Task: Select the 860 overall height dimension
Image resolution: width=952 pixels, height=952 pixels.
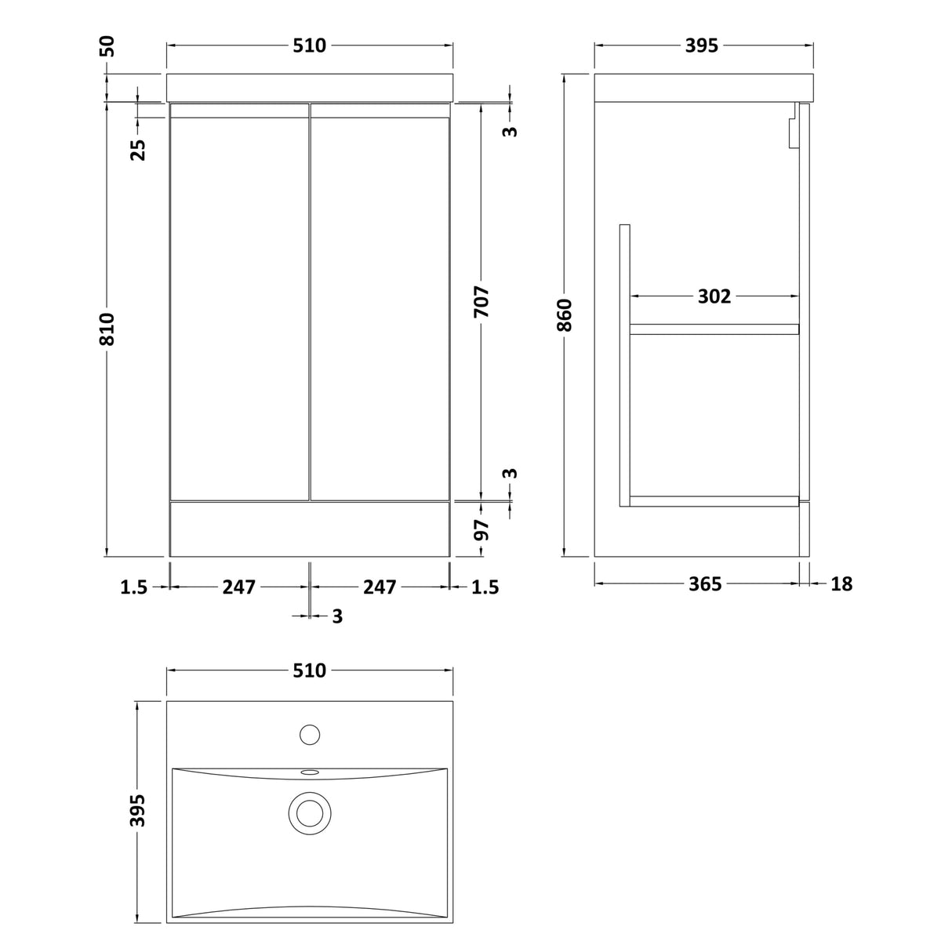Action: pos(566,315)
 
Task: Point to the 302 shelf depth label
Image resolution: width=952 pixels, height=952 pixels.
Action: pos(714,296)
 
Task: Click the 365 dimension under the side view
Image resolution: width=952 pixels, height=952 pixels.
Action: pos(704,584)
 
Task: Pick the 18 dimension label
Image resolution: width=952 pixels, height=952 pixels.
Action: pos(841,584)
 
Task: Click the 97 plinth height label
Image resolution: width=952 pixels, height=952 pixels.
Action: pos(482,530)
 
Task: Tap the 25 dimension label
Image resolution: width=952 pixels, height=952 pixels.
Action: pos(138,149)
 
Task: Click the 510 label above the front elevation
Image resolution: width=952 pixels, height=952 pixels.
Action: pos(310,46)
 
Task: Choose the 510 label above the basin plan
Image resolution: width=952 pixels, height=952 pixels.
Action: pos(310,671)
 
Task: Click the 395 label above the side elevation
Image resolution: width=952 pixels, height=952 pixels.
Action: pos(702,46)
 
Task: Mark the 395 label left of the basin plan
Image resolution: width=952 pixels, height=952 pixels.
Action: pos(138,810)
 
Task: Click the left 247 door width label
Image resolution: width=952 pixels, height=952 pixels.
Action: pos(240,587)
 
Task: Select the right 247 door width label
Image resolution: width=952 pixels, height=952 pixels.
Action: pos(380,587)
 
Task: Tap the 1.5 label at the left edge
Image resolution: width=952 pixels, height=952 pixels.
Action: pos(134,587)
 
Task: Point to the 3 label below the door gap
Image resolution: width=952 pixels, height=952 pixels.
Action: pos(337,617)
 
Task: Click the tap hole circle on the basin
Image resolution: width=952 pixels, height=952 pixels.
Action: pos(311,735)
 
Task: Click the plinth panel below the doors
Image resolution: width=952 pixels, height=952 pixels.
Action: pos(310,529)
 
